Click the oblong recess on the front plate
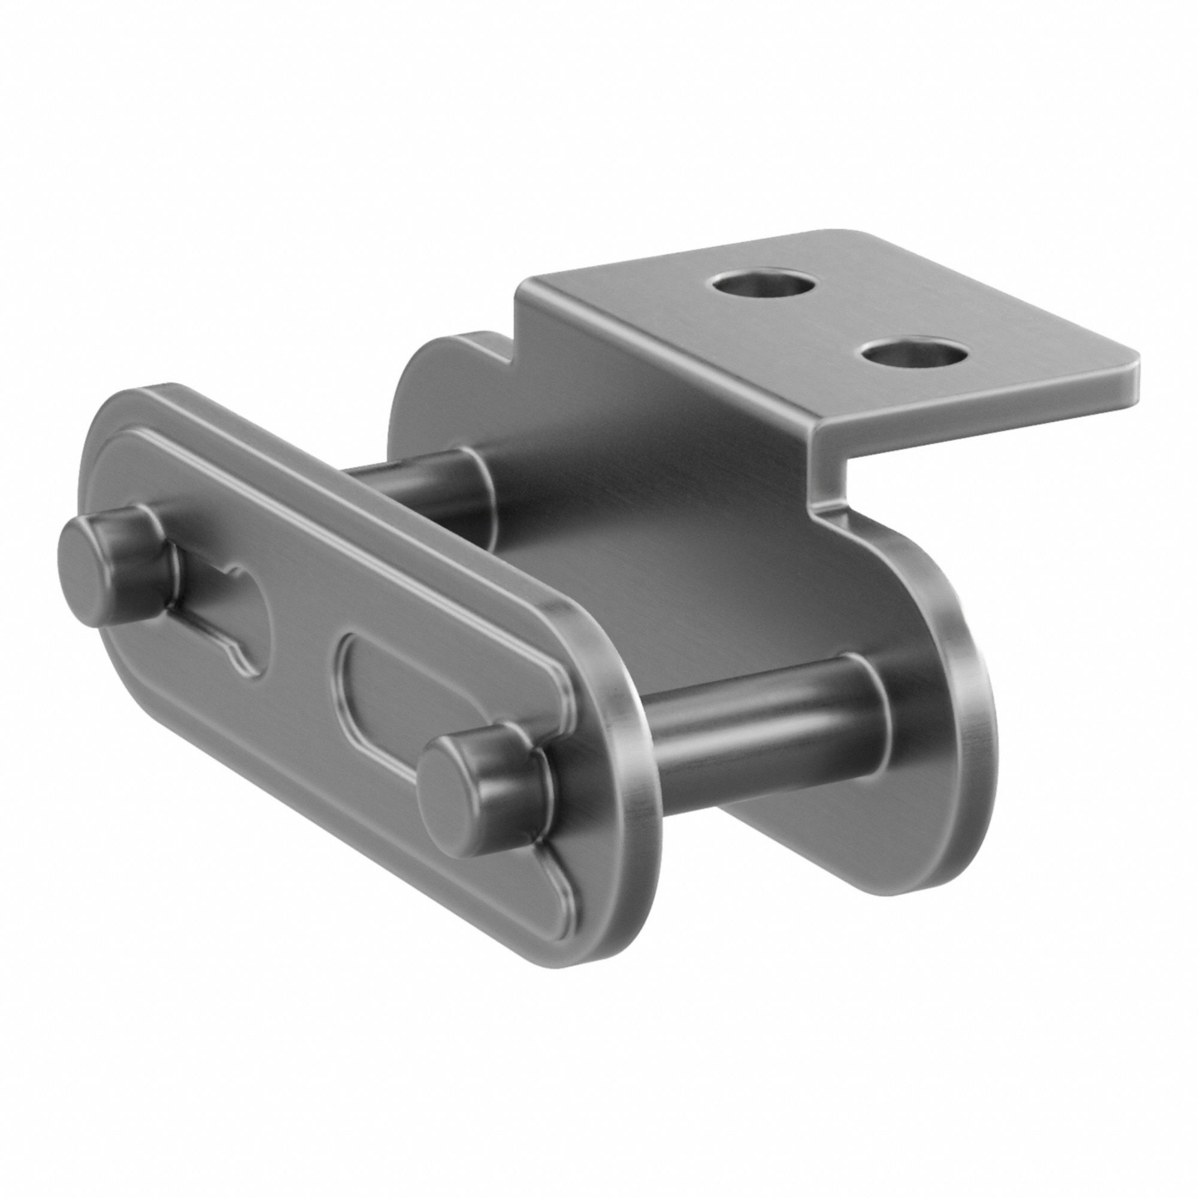point(397,701)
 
